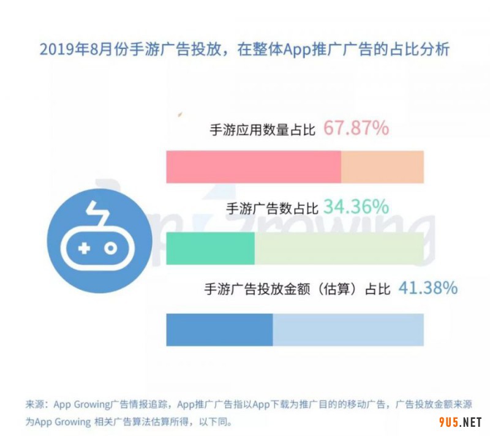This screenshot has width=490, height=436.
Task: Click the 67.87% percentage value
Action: [356, 129]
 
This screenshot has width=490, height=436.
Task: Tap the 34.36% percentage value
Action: [356, 207]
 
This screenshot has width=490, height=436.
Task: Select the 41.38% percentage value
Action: [428, 288]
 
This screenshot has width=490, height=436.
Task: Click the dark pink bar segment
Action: [253, 167]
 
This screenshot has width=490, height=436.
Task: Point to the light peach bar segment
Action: [382, 167]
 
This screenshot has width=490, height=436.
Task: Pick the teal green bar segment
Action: [210, 248]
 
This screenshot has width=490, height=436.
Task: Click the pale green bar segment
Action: [339, 248]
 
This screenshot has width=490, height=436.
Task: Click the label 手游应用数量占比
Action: [262, 130]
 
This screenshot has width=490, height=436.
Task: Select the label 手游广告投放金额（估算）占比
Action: [297, 289]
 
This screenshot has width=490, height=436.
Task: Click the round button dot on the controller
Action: [110, 248]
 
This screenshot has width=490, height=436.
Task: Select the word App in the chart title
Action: [295, 49]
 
